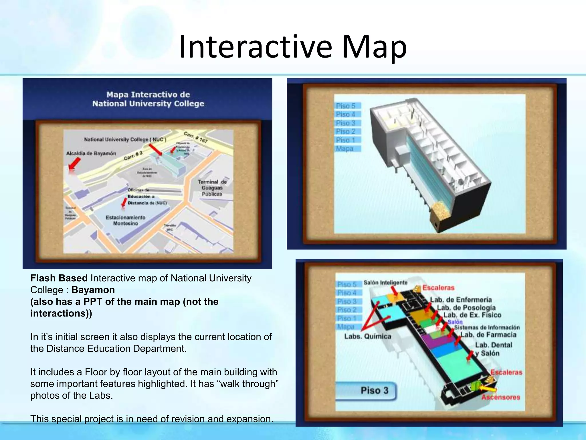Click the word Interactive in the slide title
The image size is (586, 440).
coord(256,47)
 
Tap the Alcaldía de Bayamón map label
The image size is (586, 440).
coord(91,154)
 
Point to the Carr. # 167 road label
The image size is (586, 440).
coord(196,137)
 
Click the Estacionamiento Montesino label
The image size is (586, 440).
coord(125,220)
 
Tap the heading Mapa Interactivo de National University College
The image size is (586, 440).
coord(148,99)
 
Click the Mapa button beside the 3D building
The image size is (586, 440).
coord(345,149)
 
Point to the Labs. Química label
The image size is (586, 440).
coord(367,336)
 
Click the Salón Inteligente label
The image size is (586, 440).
coord(385,283)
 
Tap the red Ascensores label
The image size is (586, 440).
coord(500,397)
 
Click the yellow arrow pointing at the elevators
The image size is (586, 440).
coord(488,388)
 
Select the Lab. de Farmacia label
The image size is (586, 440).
coord(488,335)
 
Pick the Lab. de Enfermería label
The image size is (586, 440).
coord(461,300)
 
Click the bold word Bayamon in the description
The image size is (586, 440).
coord(93,290)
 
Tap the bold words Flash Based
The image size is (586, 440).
coord(59,278)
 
